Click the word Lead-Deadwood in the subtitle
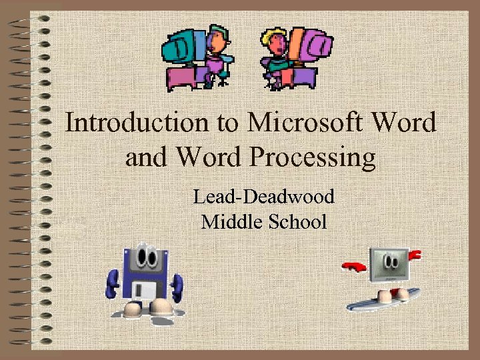tap(263, 197)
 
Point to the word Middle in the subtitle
tap(231, 221)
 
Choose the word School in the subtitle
tap(297, 221)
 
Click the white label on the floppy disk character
tap(144, 287)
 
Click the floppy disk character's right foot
tap(161, 307)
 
